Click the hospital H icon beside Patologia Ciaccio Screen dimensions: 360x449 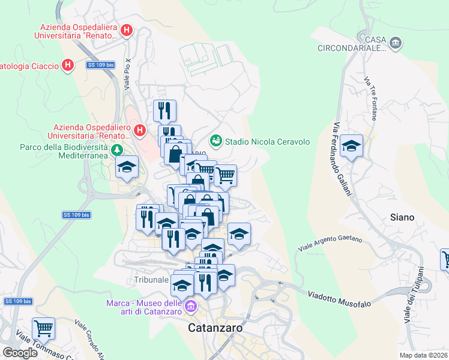click(x=68, y=65)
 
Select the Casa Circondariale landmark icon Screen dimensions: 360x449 click(x=396, y=43)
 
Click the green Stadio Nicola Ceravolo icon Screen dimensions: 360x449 click(x=215, y=141)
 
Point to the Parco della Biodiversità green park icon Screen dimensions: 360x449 click(x=118, y=149)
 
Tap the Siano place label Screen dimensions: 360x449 click(x=403, y=217)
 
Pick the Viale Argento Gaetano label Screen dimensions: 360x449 click(x=331, y=243)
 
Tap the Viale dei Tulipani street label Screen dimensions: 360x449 click(x=413, y=295)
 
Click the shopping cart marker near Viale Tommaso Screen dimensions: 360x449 click(x=43, y=328)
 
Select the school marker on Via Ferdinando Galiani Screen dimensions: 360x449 click(x=351, y=146)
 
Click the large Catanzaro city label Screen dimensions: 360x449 click(x=215, y=328)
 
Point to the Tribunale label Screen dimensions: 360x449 click(x=150, y=280)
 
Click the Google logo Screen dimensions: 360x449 click(x=20, y=353)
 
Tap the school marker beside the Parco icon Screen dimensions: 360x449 click(x=127, y=167)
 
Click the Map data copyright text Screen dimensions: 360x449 click(x=424, y=355)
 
